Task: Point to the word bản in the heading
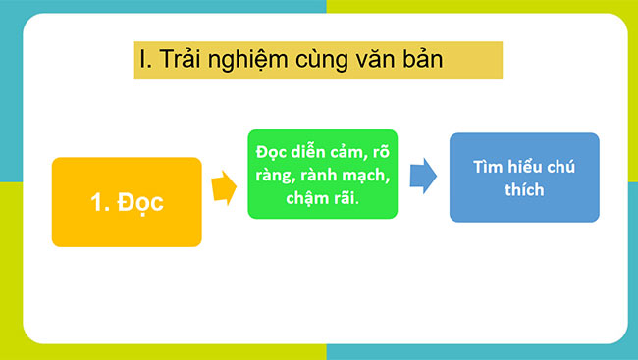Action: tap(422, 60)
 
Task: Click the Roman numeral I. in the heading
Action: tap(143, 60)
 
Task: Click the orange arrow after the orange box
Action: tap(224, 186)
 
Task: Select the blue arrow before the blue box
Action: tap(423, 177)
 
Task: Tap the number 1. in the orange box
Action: tap(102, 203)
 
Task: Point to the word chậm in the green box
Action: tap(308, 199)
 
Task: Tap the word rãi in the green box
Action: tap(346, 199)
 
